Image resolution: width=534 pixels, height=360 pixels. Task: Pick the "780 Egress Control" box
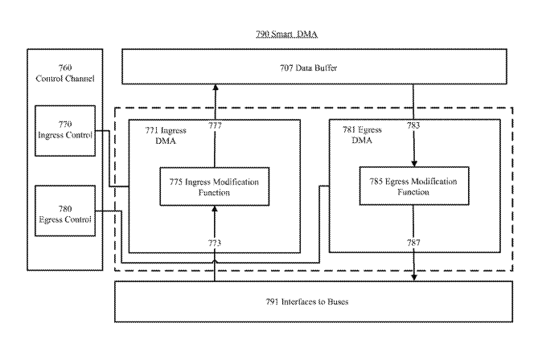click(x=65, y=211)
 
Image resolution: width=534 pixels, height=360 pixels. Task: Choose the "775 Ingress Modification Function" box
click(x=214, y=186)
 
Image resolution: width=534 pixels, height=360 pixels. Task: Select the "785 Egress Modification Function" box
click(x=413, y=186)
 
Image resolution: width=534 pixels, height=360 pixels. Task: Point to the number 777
click(x=215, y=125)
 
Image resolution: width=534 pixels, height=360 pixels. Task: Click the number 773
click(x=215, y=242)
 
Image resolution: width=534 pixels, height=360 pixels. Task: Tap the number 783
click(x=413, y=125)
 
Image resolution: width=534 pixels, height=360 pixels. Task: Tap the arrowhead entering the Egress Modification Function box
click(x=413, y=164)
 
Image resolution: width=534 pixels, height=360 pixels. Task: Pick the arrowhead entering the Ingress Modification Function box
click(x=215, y=208)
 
